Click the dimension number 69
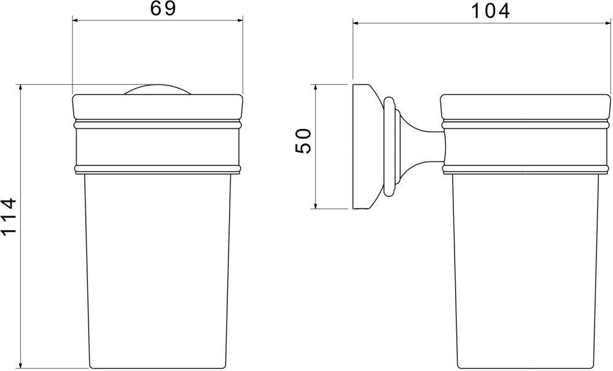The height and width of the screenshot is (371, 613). click(x=163, y=9)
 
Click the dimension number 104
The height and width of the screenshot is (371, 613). click(x=490, y=10)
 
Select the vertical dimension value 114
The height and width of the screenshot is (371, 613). click(x=9, y=217)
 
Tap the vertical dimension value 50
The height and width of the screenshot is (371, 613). click(x=303, y=141)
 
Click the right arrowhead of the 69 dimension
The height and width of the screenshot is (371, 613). click(x=238, y=20)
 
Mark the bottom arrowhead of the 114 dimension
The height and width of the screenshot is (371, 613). click(x=20, y=364)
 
